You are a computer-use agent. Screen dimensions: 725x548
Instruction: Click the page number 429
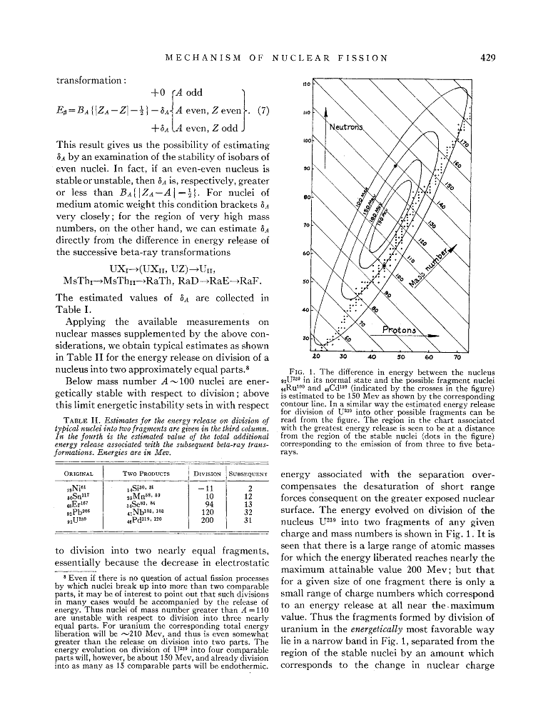[488, 58]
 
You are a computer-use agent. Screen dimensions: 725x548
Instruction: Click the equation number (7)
[259, 111]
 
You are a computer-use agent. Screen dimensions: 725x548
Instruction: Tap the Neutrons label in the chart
[347, 127]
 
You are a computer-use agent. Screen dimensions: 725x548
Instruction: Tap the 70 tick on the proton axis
[457, 356]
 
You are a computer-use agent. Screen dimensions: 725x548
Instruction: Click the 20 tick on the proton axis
[316, 356]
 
